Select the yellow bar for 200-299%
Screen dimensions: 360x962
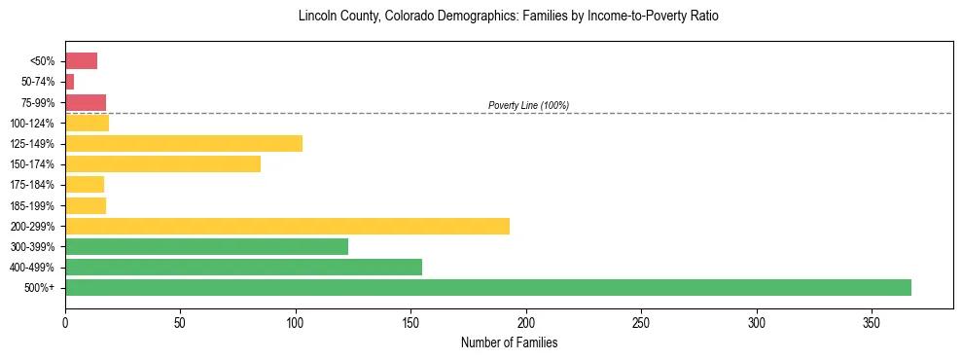287,226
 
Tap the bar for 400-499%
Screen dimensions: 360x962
243,267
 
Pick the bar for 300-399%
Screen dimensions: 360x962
206,246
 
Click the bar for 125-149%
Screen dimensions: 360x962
184,143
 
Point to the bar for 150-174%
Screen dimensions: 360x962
162,163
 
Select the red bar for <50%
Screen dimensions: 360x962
81,61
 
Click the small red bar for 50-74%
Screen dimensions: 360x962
69,82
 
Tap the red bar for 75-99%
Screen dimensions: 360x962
86,102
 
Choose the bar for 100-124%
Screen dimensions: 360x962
87,123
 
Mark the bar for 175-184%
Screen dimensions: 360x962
85,184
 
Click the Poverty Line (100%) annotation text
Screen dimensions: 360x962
528,105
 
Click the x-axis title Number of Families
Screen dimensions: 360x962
509,342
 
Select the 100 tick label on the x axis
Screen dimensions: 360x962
296,321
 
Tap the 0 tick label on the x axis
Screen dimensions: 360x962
65,321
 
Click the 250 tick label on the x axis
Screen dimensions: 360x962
641,321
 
